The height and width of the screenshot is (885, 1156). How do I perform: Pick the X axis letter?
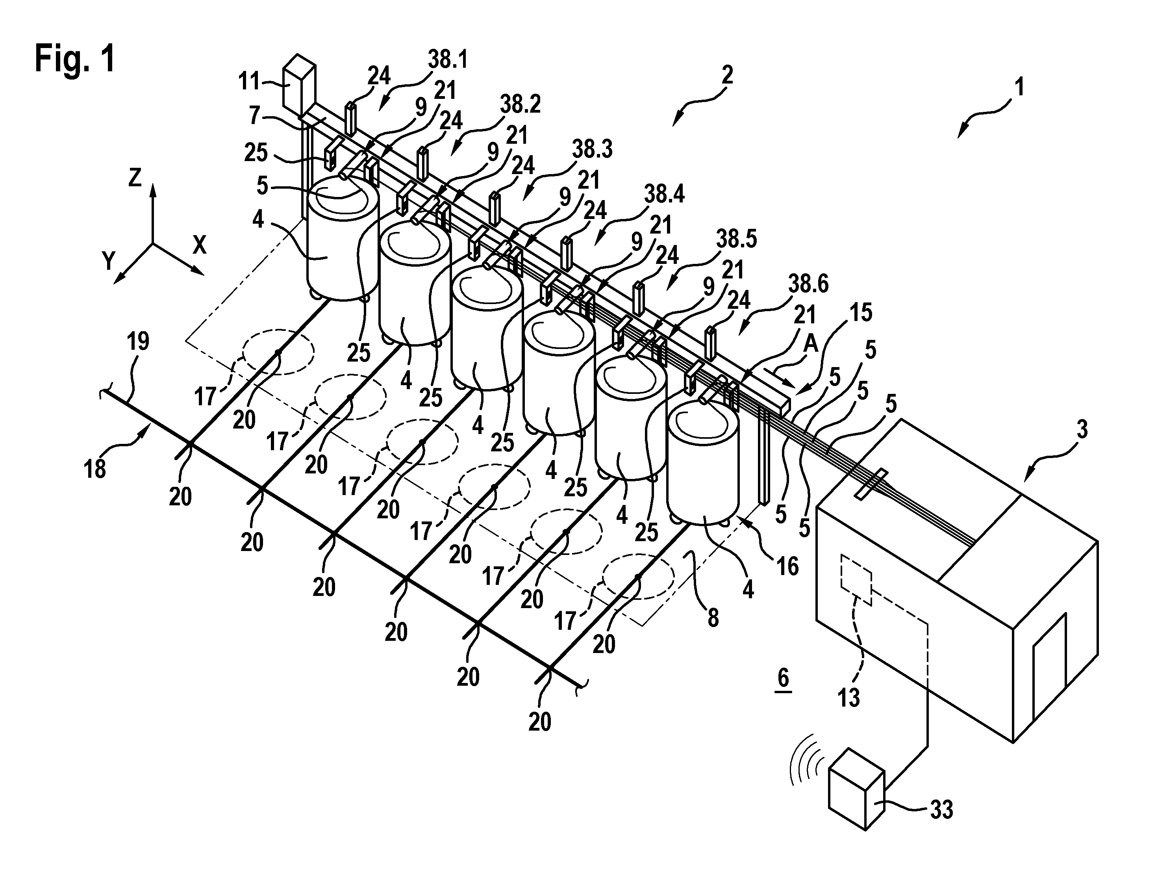coord(200,245)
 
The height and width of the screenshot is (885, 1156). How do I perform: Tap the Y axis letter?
coord(109,261)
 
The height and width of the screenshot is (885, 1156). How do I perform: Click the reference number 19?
coord(138,342)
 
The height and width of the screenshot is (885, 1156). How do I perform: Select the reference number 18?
coord(95,468)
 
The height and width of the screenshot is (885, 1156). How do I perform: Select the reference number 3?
coord(1082,430)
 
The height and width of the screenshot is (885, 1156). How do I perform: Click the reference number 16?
coord(788,567)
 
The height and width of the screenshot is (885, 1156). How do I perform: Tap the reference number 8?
coord(713,618)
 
